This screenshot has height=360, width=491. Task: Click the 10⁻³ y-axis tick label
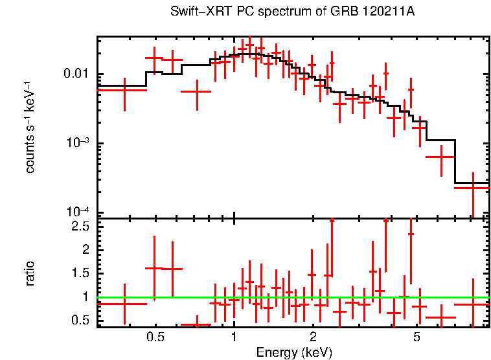[78, 142]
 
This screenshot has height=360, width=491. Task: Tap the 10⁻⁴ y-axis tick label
[78, 212]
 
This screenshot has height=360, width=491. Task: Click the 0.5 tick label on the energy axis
[155, 337]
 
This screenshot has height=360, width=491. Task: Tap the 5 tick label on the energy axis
[417, 337]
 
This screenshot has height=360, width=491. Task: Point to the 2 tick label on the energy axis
[312, 337]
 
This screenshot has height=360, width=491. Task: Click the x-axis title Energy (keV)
[294, 352]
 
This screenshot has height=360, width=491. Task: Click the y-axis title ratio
[30, 273]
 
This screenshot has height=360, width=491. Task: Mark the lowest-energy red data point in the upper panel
[124, 90]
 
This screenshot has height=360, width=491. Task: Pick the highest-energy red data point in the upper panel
[472, 188]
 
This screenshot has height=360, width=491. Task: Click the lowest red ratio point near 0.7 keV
[195, 324]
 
